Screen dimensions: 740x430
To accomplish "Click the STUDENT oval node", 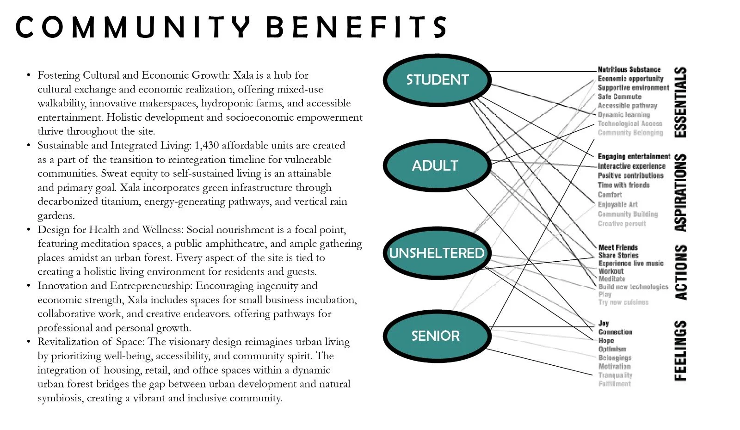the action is pyautogui.click(x=437, y=80).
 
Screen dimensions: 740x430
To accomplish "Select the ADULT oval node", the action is pyautogui.click(x=435, y=166).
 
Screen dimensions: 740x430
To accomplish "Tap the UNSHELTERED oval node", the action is pyautogui.click(x=437, y=253).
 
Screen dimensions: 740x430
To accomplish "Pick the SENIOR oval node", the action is pyautogui.click(x=436, y=336).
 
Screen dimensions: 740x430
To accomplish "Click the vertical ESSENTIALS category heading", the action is pyautogui.click(x=680, y=102).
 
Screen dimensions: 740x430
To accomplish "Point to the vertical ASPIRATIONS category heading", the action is pyautogui.click(x=680, y=193).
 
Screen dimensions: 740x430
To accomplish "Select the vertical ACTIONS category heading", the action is pyautogui.click(x=680, y=272).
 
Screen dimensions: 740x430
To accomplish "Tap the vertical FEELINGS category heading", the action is pyautogui.click(x=680, y=350).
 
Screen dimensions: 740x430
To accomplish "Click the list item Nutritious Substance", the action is pyautogui.click(x=629, y=69).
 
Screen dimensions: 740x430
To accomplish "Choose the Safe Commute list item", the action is pyautogui.click(x=619, y=97).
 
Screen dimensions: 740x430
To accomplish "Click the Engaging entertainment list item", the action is pyautogui.click(x=634, y=156).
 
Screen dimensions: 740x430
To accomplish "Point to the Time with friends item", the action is pyautogui.click(x=623, y=185).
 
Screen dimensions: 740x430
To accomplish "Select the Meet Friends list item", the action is pyautogui.click(x=618, y=247).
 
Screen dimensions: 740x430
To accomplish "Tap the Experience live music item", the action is pyautogui.click(x=631, y=263).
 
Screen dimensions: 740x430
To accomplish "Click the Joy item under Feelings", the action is pyautogui.click(x=604, y=323).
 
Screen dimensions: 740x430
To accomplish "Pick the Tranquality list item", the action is pyautogui.click(x=615, y=375).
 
